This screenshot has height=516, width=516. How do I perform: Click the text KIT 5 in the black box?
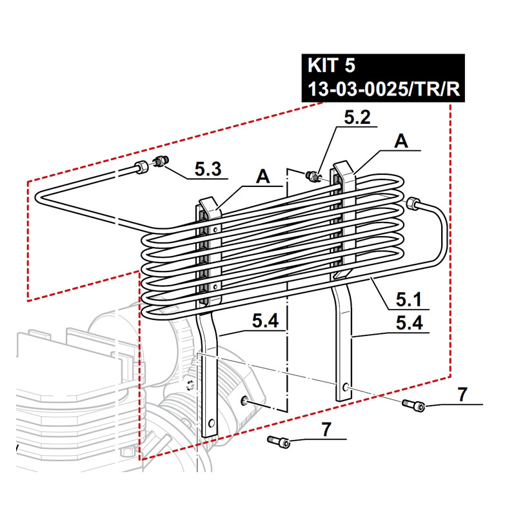pos(332,66)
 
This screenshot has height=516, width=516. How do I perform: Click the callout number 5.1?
pos(409,299)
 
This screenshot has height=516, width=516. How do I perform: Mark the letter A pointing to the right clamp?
pos(402,141)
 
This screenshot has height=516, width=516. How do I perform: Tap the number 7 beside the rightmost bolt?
pos(461,394)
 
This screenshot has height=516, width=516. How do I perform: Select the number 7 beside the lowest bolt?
pos(326,428)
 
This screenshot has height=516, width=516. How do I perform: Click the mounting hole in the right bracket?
pos(346,387)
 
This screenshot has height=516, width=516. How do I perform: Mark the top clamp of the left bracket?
pos(207,208)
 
